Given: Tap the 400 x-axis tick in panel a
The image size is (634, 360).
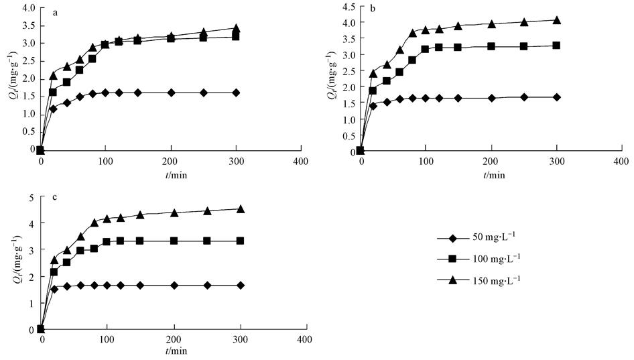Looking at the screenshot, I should tap(301, 162).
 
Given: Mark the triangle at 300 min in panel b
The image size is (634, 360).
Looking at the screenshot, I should tap(556, 20).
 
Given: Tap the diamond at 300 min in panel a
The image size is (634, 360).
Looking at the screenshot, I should tap(236, 93).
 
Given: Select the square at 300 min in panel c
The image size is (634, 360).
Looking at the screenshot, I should tap(240, 241).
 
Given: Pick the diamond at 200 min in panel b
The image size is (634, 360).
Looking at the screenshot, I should tap(491, 98).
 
